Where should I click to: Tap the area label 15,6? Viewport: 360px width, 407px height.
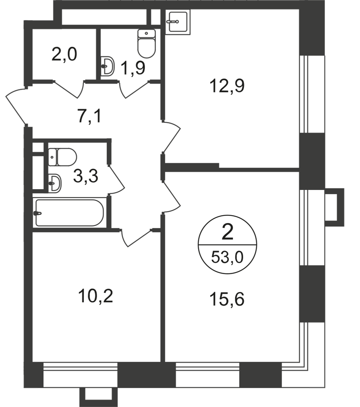tap(227, 300)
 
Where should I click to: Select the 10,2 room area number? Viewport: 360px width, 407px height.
tap(96, 297)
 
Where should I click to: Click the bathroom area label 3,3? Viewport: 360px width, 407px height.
tap(85, 176)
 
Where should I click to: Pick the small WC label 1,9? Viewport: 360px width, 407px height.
tap(133, 68)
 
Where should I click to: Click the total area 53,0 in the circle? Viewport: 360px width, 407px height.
tap(227, 259)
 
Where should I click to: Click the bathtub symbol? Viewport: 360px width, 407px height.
tap(69, 213)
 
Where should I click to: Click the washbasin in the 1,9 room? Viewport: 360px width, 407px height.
tap(108, 66)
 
